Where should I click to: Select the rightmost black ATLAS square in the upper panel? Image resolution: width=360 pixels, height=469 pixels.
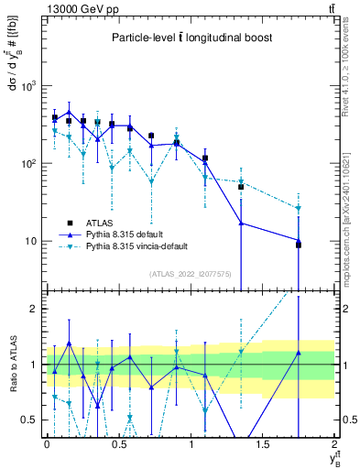[x=299, y=245]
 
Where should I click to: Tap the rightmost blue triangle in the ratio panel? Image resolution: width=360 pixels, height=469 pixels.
[x=299, y=353]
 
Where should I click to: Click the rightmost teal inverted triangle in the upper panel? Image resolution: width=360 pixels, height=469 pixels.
[x=299, y=209]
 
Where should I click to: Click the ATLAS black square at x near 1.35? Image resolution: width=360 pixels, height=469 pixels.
[x=241, y=187]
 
